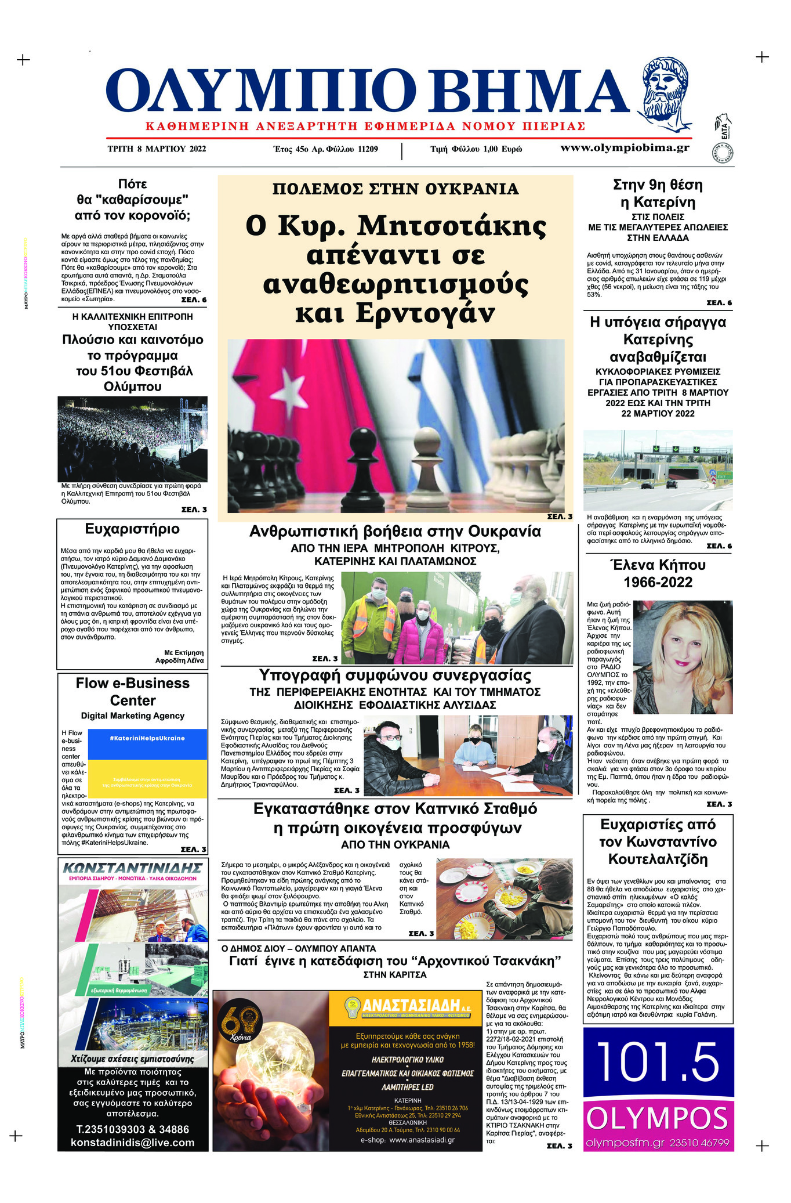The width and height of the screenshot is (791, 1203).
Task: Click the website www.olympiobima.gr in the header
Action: click(x=625, y=147)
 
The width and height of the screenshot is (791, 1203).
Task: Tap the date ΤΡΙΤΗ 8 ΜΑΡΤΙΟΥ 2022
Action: click(x=157, y=149)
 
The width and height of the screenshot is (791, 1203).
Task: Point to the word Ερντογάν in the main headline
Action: click(x=395, y=313)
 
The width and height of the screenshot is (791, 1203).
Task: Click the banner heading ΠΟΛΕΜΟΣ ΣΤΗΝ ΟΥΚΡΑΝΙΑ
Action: click(x=395, y=189)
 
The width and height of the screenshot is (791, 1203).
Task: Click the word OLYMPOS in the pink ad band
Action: click(x=658, y=1118)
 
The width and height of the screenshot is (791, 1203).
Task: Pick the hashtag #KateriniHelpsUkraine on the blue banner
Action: click(x=147, y=738)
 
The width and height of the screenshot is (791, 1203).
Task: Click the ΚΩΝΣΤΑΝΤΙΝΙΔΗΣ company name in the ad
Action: click(x=132, y=868)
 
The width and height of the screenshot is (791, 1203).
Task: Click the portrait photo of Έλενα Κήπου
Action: click(x=683, y=657)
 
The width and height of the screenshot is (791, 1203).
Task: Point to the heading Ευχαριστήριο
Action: click(x=132, y=529)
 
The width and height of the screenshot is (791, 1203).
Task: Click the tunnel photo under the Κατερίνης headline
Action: click(x=658, y=470)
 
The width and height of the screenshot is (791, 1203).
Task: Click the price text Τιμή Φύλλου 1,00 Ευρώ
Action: click(x=476, y=149)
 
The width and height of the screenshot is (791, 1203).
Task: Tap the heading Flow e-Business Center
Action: click(x=132, y=692)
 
